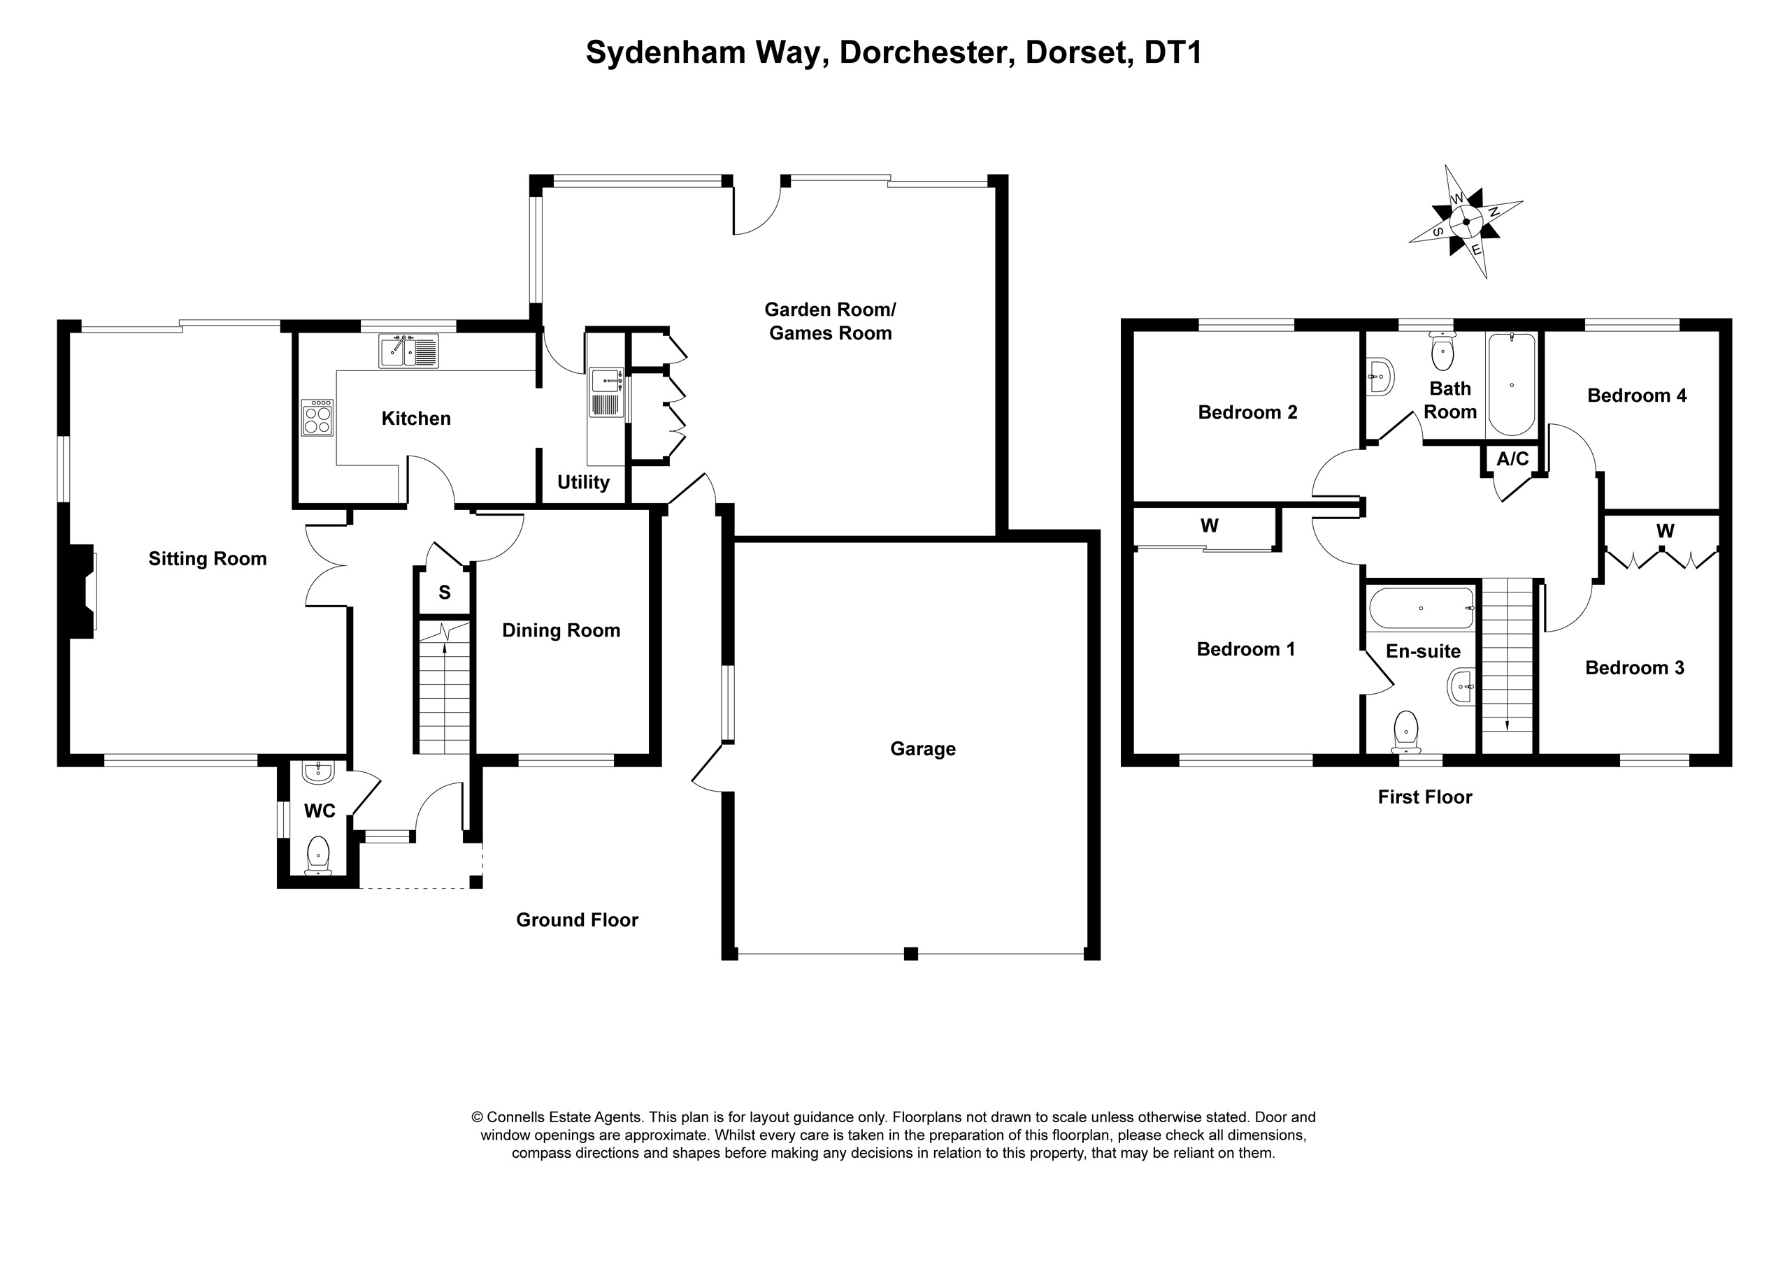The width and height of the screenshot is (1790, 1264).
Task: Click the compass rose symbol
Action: point(1466,222)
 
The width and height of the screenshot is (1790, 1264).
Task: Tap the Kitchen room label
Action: point(415,419)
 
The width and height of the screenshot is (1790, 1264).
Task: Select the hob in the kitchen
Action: point(317,419)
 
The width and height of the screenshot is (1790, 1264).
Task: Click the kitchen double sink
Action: point(408,351)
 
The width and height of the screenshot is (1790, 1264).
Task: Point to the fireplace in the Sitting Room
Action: point(83,590)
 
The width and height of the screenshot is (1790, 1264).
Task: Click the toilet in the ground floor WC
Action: point(318,854)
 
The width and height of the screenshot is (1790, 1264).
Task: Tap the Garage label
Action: point(922,749)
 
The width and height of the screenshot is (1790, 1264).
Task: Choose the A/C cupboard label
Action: point(1512,459)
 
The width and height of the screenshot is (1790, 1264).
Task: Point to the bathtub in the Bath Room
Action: point(1511,384)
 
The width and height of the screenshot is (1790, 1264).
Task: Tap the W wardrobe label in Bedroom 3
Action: point(1664,532)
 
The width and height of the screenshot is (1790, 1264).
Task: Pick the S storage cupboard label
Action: point(445,593)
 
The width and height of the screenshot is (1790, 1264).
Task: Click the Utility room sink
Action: point(606,382)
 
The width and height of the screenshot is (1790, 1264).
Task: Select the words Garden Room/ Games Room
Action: point(829,321)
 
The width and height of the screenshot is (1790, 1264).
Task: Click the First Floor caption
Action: point(1424,797)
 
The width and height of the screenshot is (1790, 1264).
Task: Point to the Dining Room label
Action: point(561,630)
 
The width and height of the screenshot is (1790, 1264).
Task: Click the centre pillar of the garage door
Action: point(910,953)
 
